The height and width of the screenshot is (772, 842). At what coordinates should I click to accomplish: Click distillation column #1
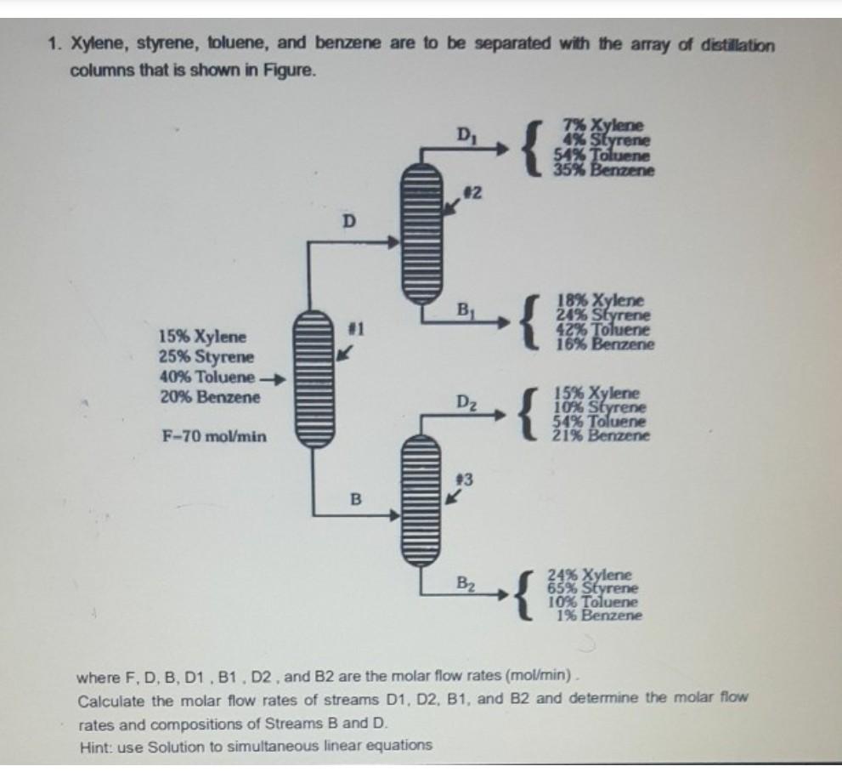click(314, 376)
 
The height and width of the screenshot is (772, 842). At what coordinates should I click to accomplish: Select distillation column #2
click(422, 232)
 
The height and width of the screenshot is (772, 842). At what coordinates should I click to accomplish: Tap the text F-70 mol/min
click(213, 437)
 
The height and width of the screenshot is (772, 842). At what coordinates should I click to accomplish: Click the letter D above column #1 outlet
click(347, 222)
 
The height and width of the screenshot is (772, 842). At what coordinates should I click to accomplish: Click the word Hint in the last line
click(92, 746)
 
